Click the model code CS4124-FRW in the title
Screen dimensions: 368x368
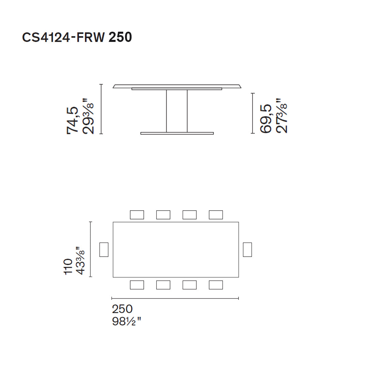[64, 37]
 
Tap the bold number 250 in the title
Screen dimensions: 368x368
[120, 37]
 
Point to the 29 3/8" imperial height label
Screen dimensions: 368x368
[87, 117]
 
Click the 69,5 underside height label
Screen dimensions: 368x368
[266, 119]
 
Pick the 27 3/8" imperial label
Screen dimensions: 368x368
[281, 116]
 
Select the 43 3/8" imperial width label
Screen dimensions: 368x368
[80, 261]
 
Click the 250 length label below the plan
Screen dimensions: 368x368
[122, 309]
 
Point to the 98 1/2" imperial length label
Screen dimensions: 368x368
[126, 321]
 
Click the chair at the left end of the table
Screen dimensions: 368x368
[104, 249]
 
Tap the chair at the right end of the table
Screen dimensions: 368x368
[247, 249]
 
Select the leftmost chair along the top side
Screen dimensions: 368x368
[137, 215]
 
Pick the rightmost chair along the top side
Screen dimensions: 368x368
[216, 215]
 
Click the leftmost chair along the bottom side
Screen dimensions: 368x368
[137, 285]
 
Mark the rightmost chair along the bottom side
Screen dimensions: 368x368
[216, 285]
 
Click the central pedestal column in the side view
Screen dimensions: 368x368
[177, 111]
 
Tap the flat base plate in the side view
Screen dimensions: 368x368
[177, 133]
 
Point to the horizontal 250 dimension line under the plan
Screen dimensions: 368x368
[175, 298]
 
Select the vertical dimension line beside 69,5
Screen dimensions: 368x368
[252, 113]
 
